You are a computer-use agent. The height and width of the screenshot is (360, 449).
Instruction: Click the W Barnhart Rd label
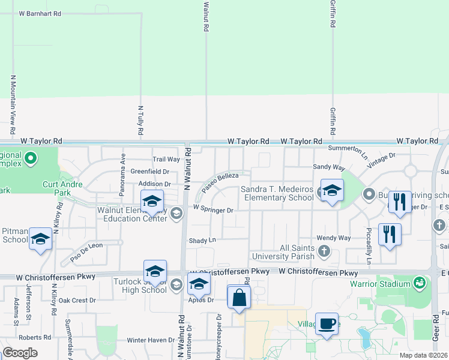tap(40, 13)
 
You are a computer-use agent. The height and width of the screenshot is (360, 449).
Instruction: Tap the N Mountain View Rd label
tap(13, 106)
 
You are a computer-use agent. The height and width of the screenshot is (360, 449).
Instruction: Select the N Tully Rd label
tap(140, 119)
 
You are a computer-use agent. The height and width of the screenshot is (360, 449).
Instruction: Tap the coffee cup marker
tap(327, 325)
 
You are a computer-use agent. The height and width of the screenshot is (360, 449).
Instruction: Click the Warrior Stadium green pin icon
tap(420, 282)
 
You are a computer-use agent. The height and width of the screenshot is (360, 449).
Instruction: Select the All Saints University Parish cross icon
tap(325, 251)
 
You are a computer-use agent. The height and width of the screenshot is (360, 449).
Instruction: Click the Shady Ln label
tap(202, 240)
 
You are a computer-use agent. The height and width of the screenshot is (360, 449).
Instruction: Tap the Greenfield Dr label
tap(150, 172)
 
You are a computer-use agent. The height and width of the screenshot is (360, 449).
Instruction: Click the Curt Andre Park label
tap(62, 188)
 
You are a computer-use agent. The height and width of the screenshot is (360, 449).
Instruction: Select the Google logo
tap(20, 353)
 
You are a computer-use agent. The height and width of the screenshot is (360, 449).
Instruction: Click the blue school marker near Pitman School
tap(40, 239)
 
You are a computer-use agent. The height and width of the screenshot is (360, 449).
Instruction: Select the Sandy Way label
tap(329, 167)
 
